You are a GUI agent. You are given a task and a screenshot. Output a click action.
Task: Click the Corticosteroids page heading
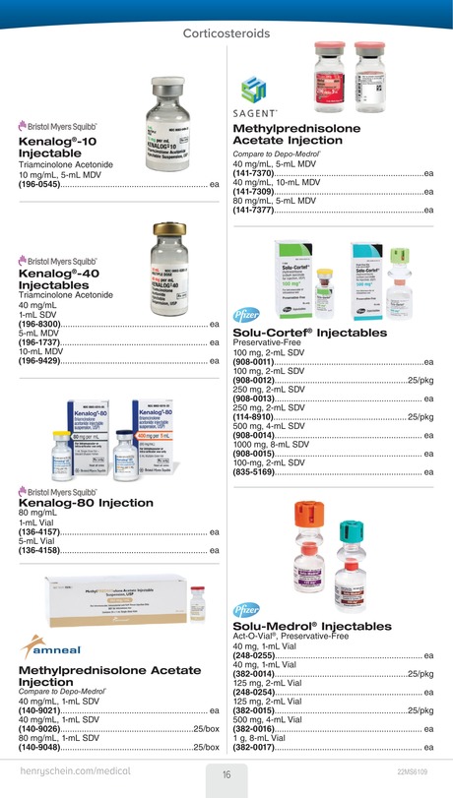[226, 33]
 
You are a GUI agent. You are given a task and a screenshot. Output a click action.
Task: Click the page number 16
[226, 773]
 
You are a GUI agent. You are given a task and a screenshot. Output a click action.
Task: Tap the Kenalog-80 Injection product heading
[87, 503]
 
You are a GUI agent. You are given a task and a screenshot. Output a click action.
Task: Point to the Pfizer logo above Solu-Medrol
[246, 611]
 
